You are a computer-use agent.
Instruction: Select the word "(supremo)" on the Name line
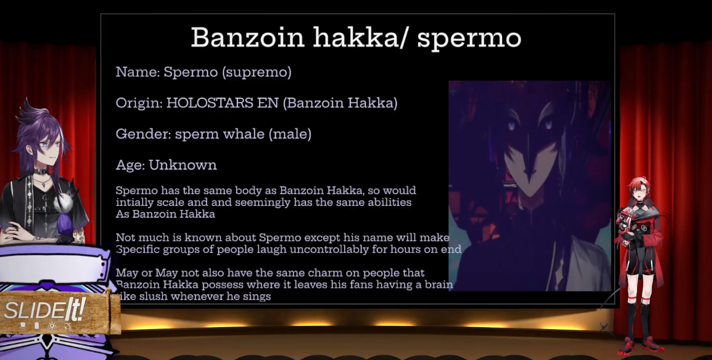coord(256,72)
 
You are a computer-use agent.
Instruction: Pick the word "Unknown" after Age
coord(183,165)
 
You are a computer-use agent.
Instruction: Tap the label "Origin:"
coord(139,103)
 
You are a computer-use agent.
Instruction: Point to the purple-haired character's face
coord(47,150)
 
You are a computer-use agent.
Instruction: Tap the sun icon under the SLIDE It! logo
coord(52,326)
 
